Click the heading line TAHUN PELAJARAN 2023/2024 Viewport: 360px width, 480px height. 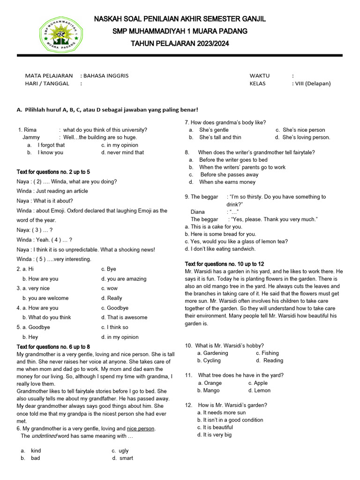pyautogui.click(x=180, y=44)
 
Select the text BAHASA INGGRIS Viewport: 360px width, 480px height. pyautogui.click(x=105, y=75)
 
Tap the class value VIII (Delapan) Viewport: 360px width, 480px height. pyautogui.click(x=312, y=83)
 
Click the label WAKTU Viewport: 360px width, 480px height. pyautogui.click(x=260, y=75)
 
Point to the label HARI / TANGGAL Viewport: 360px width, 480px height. pyautogui.click(x=47, y=83)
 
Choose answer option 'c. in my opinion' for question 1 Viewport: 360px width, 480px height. pyautogui.click(x=120, y=145)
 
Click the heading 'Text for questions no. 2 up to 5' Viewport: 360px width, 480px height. pyautogui.click(x=53, y=172)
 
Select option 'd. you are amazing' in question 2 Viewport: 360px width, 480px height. pyautogui.click(x=124, y=279)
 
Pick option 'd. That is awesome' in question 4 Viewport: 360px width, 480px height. pyautogui.click(x=124, y=317)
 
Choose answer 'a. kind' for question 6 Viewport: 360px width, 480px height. pyautogui.click(x=36, y=450)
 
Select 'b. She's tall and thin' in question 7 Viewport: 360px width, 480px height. pyautogui.click(x=220, y=137)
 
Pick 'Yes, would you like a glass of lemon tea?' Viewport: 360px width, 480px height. pyautogui.click(x=236, y=241)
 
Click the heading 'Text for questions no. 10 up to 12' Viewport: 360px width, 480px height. pyautogui.click(x=225, y=264)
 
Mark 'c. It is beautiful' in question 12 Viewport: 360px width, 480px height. pyautogui.click(x=215, y=427)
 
